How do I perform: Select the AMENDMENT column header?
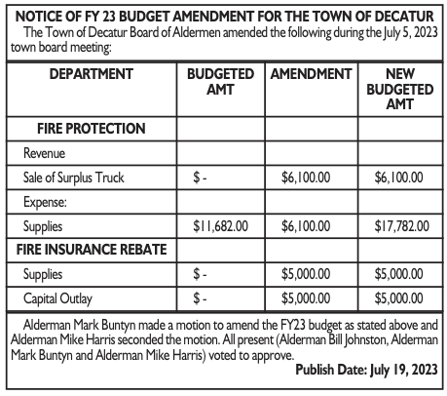[310, 73]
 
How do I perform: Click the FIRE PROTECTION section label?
[92, 128]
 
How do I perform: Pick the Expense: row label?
[45, 201]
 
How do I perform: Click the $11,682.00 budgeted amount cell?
[221, 225]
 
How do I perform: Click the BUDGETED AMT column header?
[220, 81]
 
